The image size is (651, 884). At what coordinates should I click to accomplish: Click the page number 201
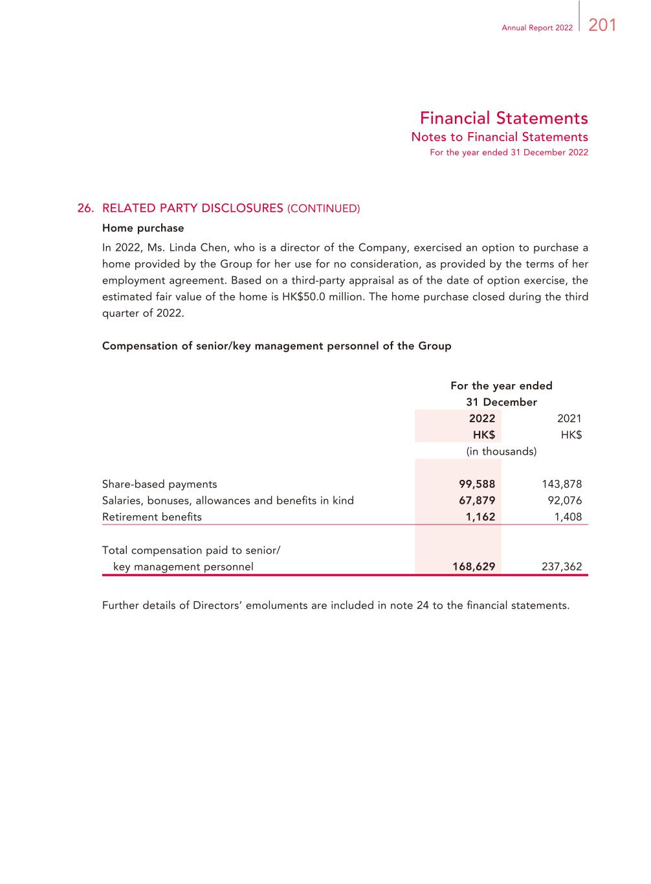[602, 25]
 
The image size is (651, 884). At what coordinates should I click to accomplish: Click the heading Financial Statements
[503, 118]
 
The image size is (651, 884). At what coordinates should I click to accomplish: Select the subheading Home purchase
[143, 228]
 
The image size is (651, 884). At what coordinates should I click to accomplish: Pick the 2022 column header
[481, 418]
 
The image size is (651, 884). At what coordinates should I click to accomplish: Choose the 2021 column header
[569, 418]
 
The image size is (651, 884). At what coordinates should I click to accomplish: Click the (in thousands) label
[502, 451]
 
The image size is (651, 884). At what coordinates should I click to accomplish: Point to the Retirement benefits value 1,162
[480, 517]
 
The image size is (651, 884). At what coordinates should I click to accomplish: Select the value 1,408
[568, 517]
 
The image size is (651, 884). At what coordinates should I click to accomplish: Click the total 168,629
[474, 567]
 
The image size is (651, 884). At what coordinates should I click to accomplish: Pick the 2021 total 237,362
[561, 567]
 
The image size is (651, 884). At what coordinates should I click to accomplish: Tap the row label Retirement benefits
[152, 517]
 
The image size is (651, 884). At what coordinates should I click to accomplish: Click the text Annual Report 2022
[537, 28]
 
